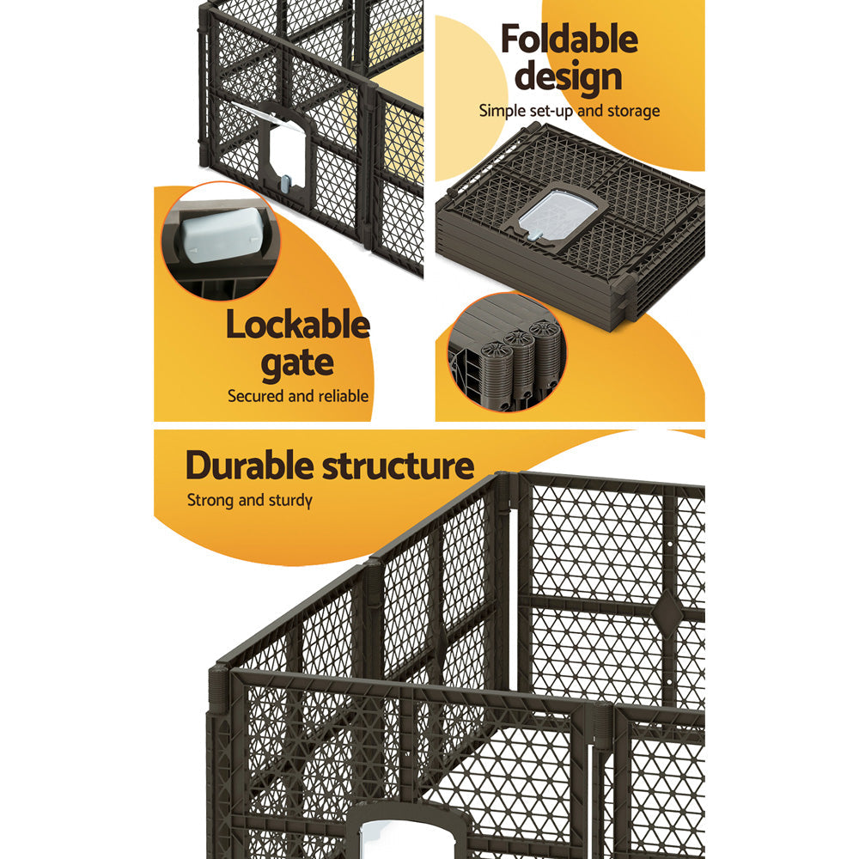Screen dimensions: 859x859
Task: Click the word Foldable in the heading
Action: point(569,40)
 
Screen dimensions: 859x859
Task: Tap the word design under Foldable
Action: point(569,76)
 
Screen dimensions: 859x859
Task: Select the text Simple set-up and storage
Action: point(569,111)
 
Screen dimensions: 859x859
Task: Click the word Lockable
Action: point(297,326)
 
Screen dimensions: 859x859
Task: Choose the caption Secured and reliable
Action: point(297,396)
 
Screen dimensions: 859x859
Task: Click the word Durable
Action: point(251,466)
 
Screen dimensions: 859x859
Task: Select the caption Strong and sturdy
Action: point(250,500)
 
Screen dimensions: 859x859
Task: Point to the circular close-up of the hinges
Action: point(505,353)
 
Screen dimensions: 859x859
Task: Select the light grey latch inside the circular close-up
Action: point(216,233)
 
